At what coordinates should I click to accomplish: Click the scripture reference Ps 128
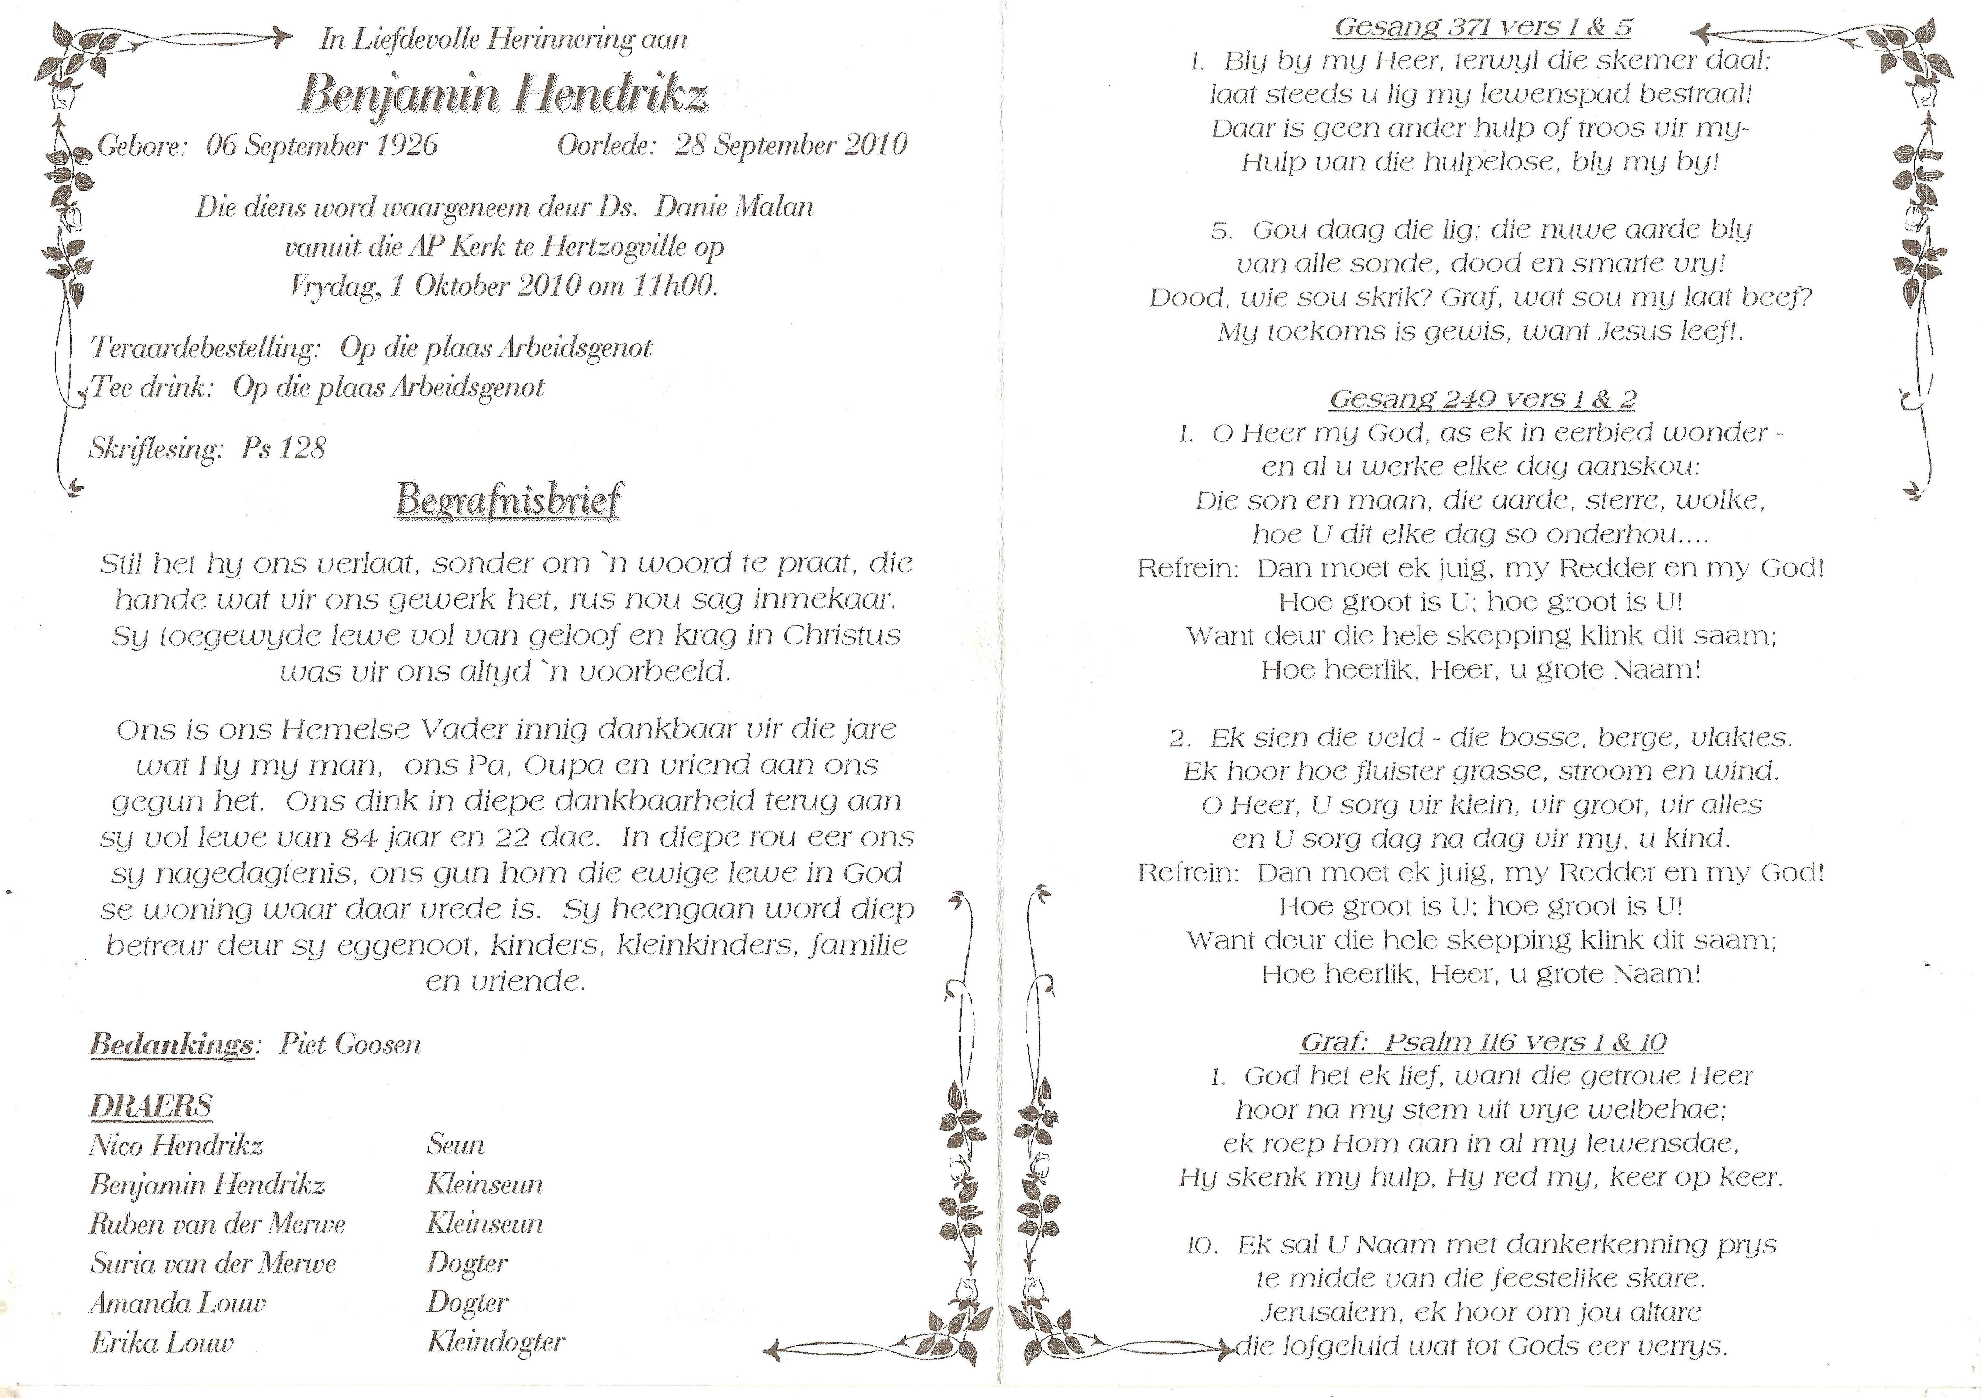pos(283,449)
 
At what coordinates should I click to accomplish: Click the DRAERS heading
pos(151,1106)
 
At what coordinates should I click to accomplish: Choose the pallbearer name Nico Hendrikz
pos(176,1145)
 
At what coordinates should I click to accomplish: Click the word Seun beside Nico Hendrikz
pos(455,1145)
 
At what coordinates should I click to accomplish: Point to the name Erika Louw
pos(161,1343)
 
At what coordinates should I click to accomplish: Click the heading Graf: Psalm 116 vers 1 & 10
pos(1482,1043)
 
